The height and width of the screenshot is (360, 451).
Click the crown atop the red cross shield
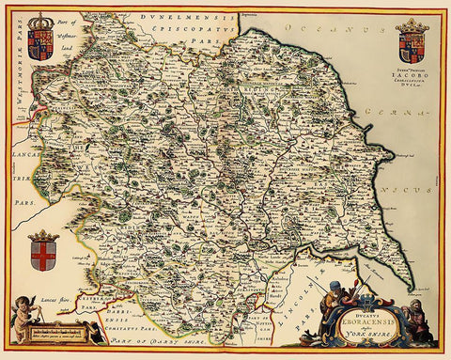point(43,236)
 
